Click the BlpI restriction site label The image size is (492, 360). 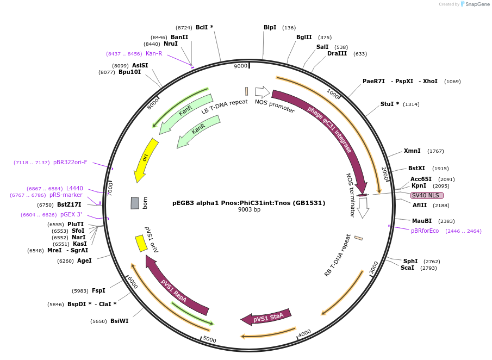click(270, 27)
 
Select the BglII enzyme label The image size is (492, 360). click(304, 38)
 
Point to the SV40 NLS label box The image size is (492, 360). click(427, 196)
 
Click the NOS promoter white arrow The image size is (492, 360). click(263, 92)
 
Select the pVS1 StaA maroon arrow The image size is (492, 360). click(266, 318)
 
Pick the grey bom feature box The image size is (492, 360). click(135, 203)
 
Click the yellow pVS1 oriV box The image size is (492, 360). click(141, 243)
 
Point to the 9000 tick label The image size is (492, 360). click(240, 66)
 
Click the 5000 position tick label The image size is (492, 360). click(209, 340)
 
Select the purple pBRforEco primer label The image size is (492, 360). click(425, 231)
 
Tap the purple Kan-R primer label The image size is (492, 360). click(154, 53)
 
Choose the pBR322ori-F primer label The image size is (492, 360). click(70, 162)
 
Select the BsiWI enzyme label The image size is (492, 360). click(120, 321)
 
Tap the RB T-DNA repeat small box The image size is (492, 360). click(358, 238)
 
